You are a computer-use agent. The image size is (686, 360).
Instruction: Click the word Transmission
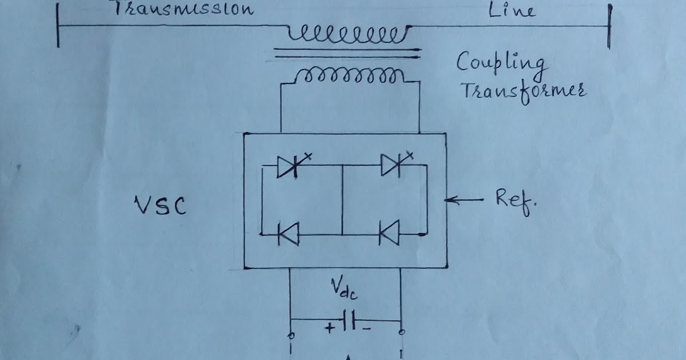tap(183, 9)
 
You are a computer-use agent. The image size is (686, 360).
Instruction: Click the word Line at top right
tap(513, 10)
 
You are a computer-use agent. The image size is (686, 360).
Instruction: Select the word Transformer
tap(523, 91)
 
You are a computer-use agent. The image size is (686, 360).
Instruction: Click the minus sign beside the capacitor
tap(366, 329)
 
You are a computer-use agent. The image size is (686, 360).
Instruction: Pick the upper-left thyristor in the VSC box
tap(288, 166)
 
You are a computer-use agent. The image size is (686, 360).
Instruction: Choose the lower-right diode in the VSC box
tap(390, 234)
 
